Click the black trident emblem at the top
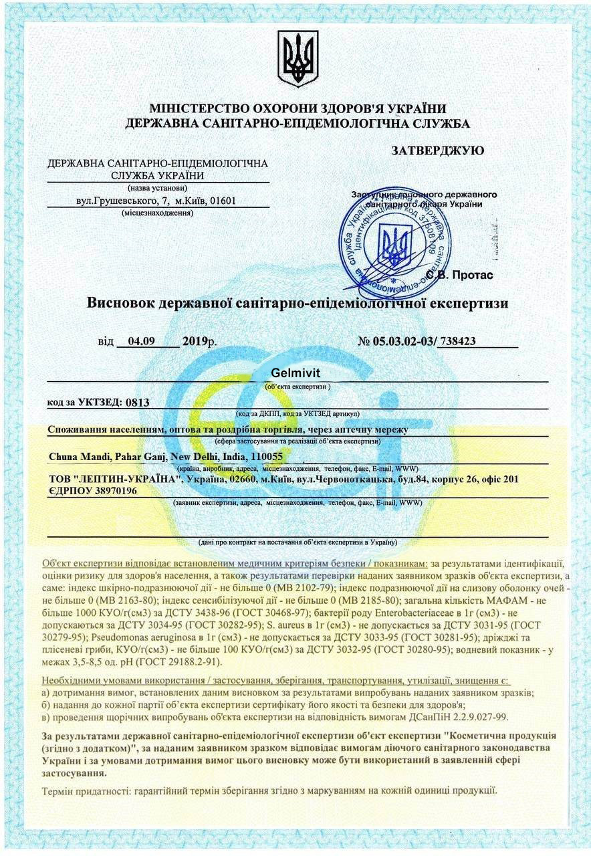[x=298, y=60]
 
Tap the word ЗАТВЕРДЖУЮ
[x=437, y=151]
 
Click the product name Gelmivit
[x=297, y=374]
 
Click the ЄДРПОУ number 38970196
[x=112, y=492]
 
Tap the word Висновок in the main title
[x=121, y=303]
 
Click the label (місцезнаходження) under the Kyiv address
[x=158, y=213]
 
